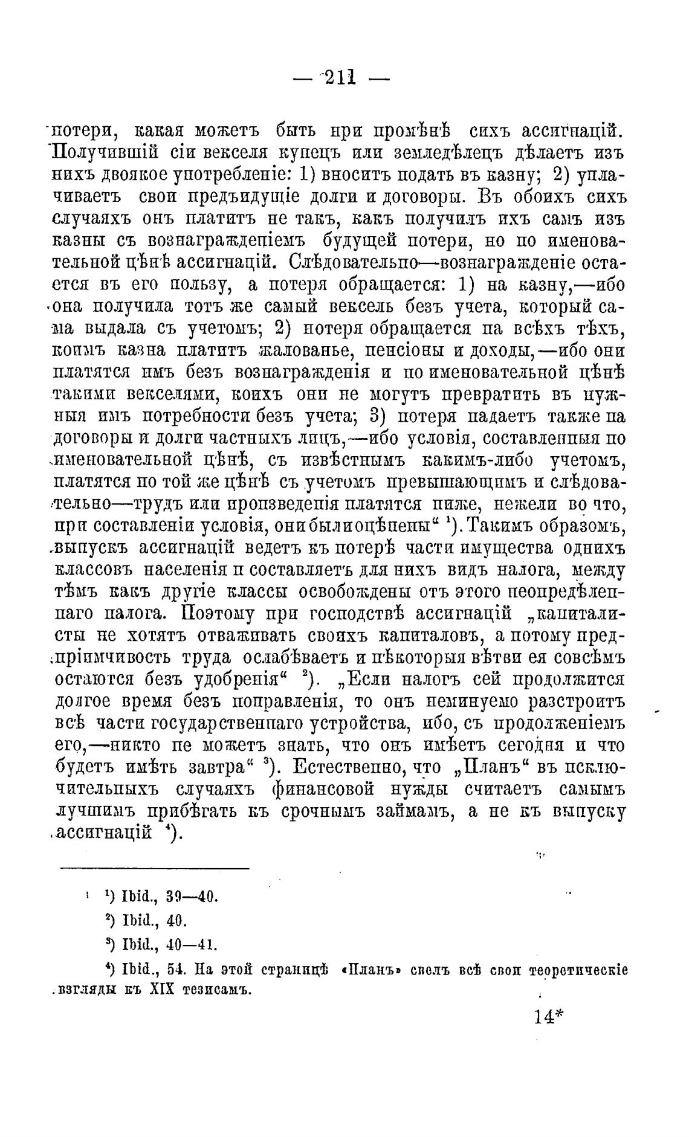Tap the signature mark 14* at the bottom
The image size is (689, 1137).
click(549, 1017)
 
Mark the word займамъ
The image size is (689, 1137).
click(411, 812)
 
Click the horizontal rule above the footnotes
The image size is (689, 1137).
click(155, 869)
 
